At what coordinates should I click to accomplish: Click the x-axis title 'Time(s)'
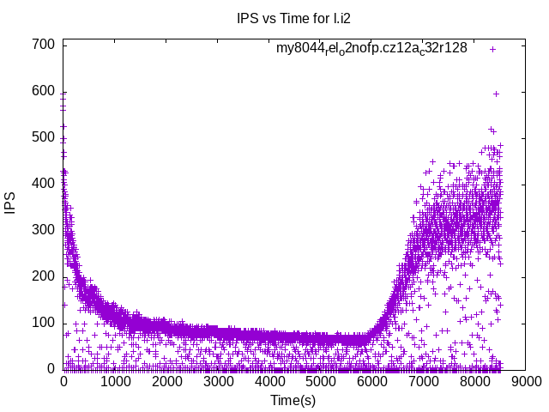click(294, 400)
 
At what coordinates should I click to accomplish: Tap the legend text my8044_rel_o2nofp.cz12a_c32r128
click(371, 48)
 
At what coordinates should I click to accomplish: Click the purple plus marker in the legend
click(492, 49)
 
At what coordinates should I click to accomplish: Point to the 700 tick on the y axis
click(45, 45)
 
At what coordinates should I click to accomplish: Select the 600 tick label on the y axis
click(45, 91)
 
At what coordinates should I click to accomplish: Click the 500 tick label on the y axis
click(45, 137)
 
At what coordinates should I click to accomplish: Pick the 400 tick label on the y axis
click(45, 184)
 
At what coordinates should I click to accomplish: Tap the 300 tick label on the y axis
click(45, 230)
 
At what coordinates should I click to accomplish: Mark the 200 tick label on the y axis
click(45, 276)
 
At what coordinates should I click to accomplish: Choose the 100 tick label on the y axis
click(45, 323)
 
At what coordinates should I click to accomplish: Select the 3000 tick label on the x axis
click(218, 382)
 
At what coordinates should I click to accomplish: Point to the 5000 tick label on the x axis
click(321, 382)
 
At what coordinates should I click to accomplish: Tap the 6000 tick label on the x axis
click(372, 382)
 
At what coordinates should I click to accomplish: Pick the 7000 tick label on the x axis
click(424, 382)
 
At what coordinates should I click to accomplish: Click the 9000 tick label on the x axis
click(527, 382)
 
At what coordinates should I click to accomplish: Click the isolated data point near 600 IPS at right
click(496, 94)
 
